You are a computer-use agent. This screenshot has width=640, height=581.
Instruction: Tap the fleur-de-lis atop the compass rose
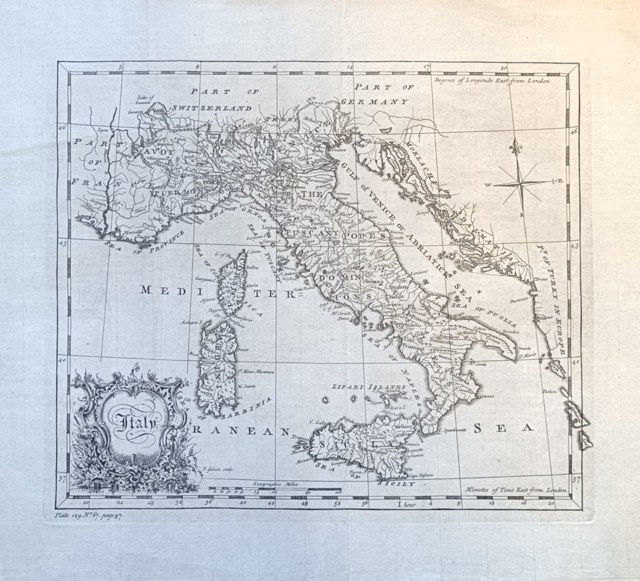pos(517,146)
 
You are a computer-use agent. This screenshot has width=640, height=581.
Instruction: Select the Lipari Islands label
pos(369,387)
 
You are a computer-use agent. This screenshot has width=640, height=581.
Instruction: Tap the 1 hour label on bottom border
pos(406,504)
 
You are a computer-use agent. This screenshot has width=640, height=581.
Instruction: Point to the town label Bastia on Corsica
pos(251,268)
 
